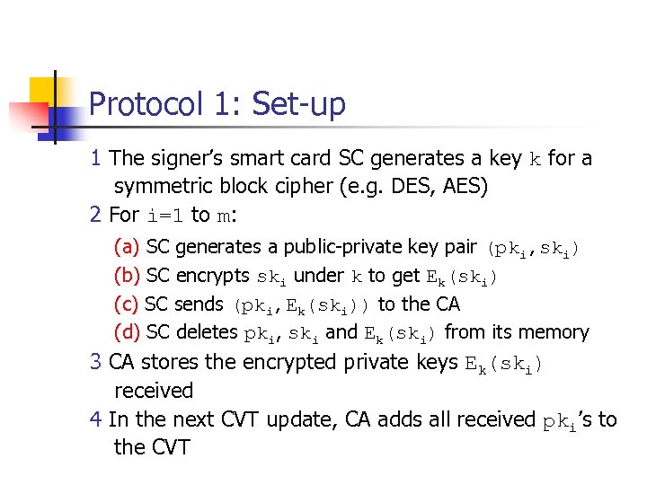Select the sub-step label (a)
[x=127, y=246]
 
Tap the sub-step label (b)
[x=127, y=275]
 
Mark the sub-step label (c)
[x=127, y=304]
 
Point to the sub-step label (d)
[x=127, y=332]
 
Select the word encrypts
[x=213, y=275]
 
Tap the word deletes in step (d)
[x=207, y=332]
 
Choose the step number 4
[x=96, y=419]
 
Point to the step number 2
[x=96, y=215]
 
